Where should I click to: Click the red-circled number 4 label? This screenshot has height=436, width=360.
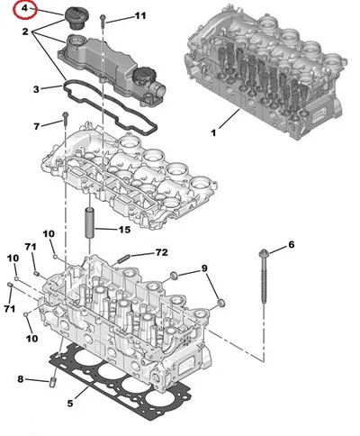(24, 8)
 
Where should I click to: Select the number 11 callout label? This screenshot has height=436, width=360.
(139, 15)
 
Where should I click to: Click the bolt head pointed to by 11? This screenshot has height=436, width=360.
(103, 17)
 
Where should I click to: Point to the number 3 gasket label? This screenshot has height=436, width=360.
(36, 89)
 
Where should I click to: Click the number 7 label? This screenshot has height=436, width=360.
(37, 126)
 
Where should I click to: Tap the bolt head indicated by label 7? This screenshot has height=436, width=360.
(65, 115)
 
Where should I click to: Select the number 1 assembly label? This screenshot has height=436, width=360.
(213, 132)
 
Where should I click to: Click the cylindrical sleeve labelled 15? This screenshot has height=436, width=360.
(90, 223)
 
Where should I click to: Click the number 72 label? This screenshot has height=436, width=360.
(161, 253)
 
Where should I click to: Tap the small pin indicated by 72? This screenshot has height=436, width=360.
(122, 259)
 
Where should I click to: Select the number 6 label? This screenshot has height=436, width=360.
(292, 245)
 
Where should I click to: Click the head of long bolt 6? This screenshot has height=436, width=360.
(263, 253)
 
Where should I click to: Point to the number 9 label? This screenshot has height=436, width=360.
(204, 268)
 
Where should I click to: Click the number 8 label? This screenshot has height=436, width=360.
(21, 379)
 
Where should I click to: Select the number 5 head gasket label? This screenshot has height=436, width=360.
(70, 404)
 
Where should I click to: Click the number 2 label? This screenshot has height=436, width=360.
(25, 32)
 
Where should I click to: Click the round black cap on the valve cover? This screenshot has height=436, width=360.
(143, 76)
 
